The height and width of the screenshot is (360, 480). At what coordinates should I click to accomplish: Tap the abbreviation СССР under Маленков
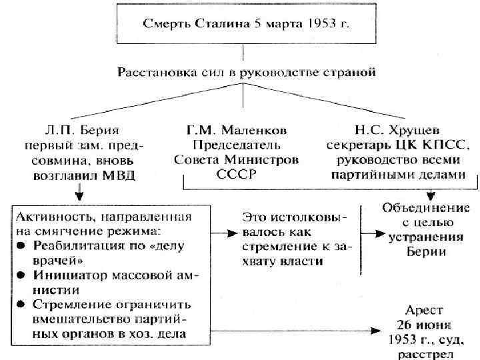tap(236, 176)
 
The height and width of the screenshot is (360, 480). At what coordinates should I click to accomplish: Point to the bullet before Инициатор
tap(22, 275)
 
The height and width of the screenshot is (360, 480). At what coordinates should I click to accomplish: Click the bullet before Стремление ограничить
tap(22, 305)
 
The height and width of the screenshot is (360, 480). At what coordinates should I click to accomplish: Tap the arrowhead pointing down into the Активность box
tap(79, 198)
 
